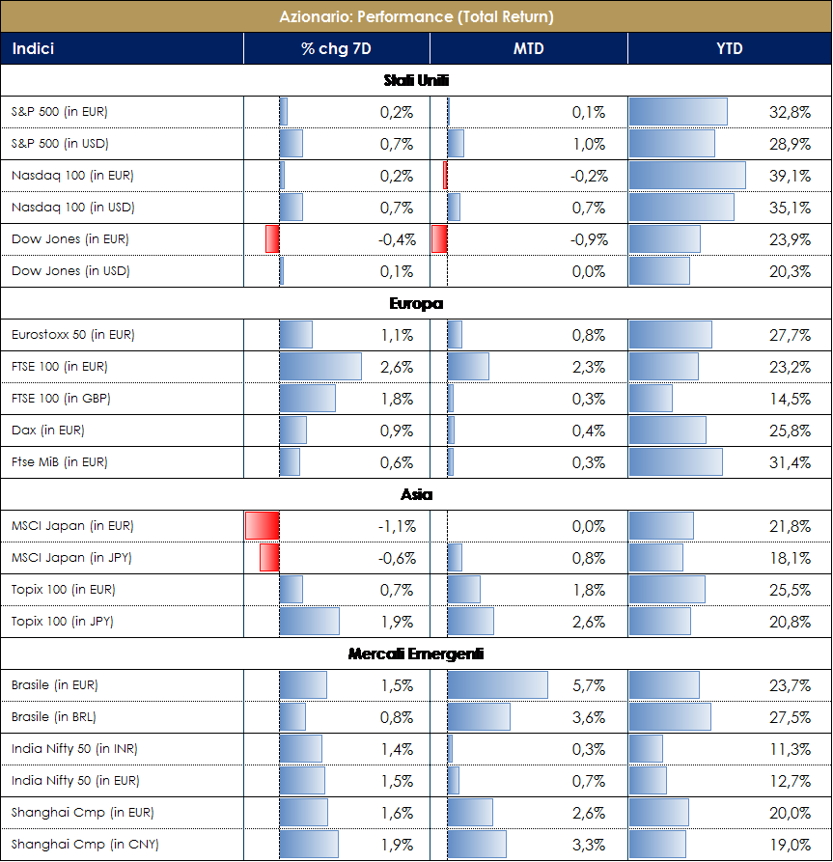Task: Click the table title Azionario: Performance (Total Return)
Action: (416, 16)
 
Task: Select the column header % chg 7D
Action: (336, 48)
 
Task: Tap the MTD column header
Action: (528, 48)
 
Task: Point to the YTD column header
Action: (729, 48)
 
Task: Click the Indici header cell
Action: (33, 48)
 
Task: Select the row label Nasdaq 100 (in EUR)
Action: (72, 176)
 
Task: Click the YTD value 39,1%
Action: (790, 176)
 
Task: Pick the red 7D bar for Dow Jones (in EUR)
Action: (272, 239)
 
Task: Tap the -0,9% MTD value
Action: (587, 239)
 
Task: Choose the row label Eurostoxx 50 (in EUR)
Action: (73, 335)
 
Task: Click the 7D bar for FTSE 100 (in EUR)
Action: (320, 367)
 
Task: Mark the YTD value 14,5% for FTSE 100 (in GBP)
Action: (790, 399)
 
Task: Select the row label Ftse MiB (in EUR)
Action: (60, 462)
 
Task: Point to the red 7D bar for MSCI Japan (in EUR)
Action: (262, 526)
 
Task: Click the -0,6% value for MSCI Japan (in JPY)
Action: (396, 558)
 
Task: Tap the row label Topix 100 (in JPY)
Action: (63, 622)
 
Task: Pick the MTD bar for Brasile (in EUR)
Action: (497, 685)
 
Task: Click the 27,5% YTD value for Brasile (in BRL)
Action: (790, 717)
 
